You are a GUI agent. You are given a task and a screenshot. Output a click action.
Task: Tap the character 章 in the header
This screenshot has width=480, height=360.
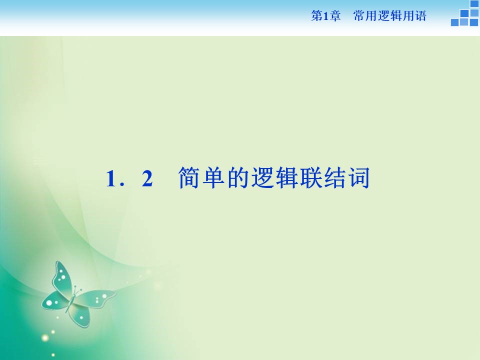tap(335, 16)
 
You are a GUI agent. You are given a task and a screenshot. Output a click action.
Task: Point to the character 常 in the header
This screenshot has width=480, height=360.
tap(358, 16)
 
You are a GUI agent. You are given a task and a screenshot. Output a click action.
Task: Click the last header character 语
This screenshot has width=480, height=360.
tap(420, 16)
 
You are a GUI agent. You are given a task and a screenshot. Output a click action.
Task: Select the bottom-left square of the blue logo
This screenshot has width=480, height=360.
tap(454, 22)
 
